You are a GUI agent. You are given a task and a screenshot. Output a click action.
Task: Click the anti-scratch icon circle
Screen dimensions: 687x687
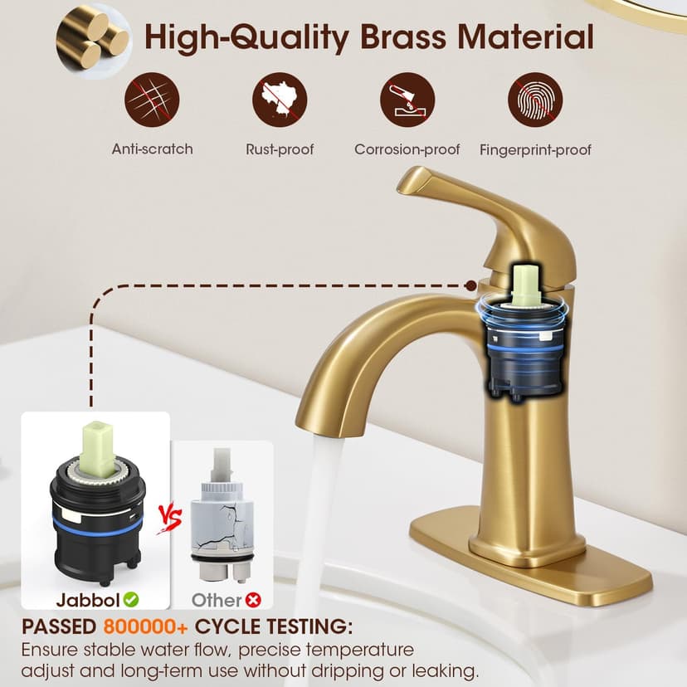[x=152, y=100]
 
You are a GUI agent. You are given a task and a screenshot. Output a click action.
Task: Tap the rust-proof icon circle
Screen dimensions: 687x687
[x=280, y=100]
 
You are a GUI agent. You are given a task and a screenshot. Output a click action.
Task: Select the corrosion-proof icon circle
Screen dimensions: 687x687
[x=407, y=100]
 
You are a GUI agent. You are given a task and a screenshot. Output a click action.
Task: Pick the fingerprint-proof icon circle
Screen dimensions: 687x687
[x=535, y=100]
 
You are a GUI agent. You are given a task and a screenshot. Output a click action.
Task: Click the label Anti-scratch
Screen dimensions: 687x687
[x=152, y=149]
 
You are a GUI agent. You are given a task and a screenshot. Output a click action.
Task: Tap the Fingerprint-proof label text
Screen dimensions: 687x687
[x=535, y=150]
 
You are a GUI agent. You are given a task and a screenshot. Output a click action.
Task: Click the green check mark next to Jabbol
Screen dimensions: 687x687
[x=130, y=599]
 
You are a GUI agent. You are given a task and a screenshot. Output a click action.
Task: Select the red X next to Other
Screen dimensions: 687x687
[x=253, y=600]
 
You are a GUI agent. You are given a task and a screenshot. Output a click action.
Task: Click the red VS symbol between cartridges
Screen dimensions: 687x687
[x=170, y=519]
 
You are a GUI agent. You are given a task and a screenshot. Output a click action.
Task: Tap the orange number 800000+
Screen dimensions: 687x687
[x=145, y=627]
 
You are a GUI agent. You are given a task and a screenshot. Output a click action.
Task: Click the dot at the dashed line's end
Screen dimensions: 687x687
[x=471, y=285]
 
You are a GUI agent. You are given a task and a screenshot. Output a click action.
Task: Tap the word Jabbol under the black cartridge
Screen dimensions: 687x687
[x=88, y=600]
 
